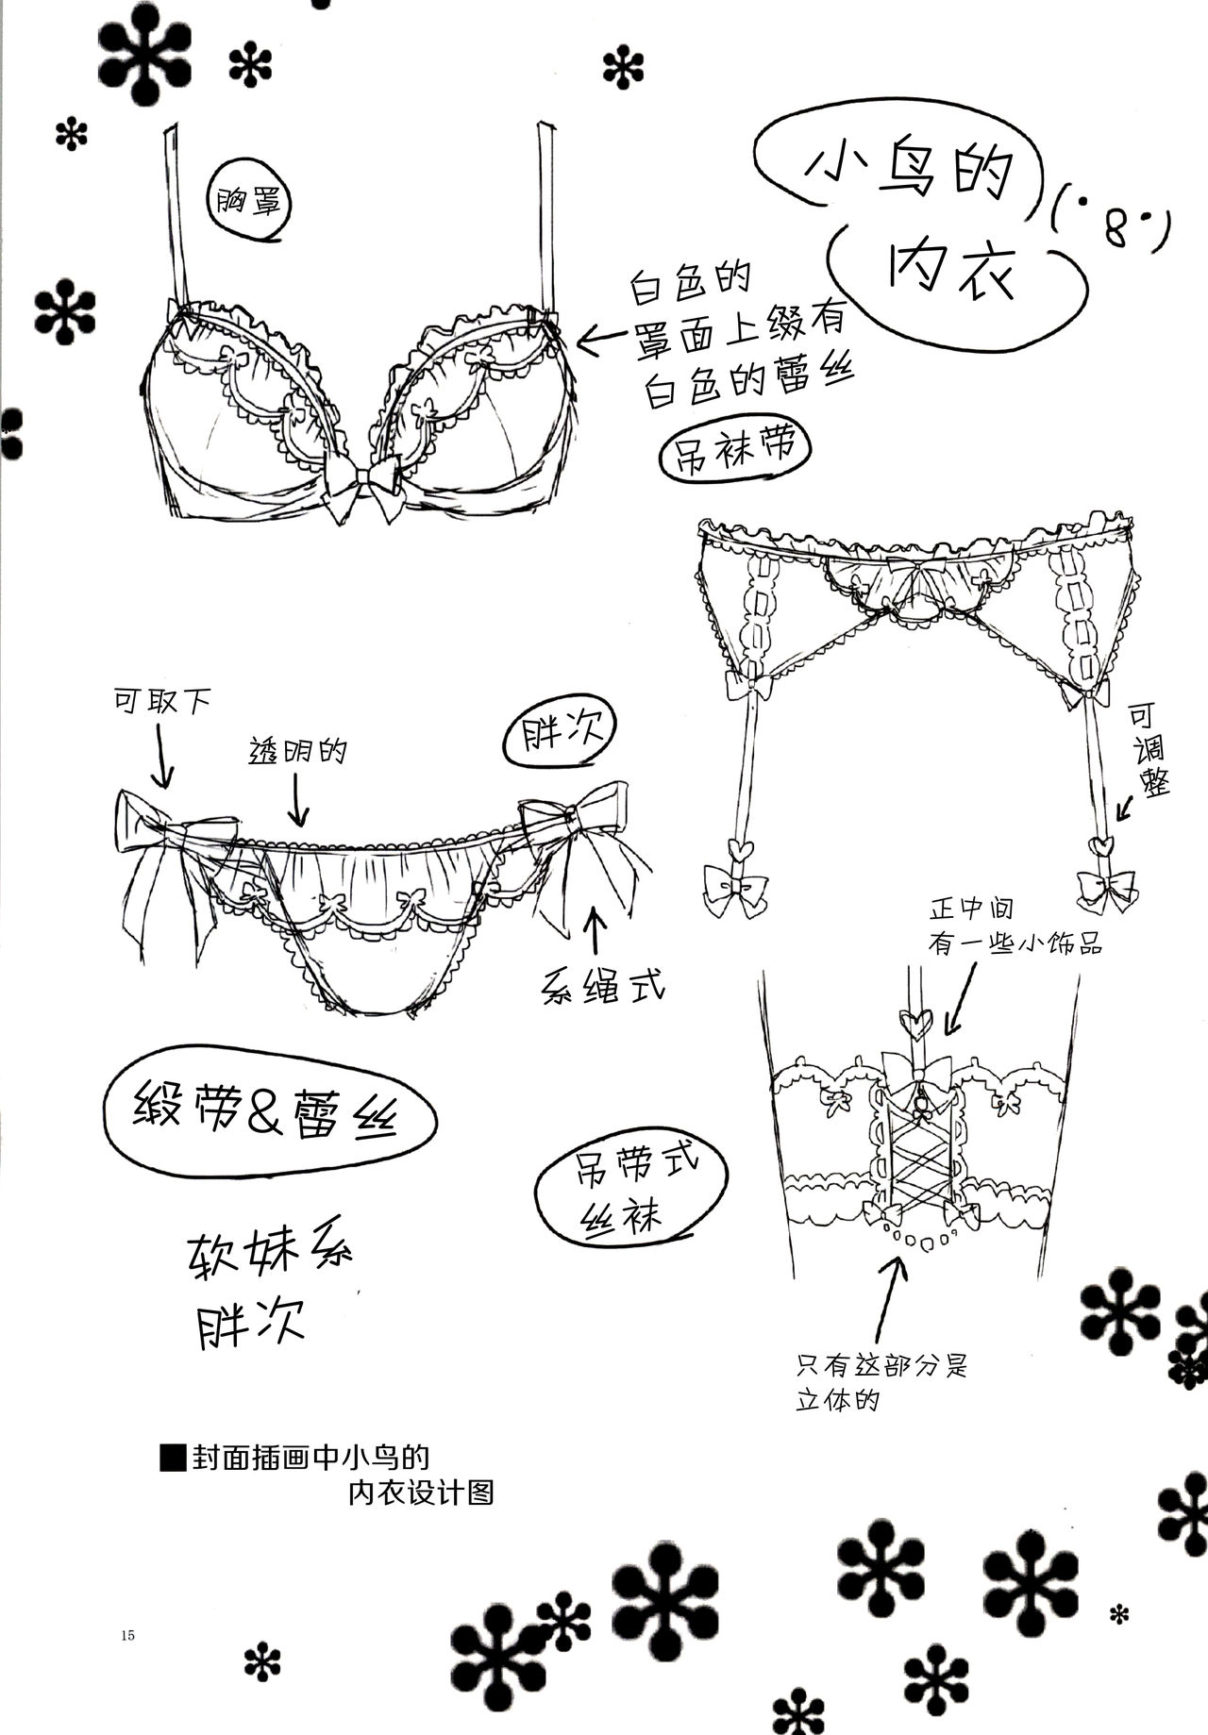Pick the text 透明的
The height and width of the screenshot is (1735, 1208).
298,750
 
